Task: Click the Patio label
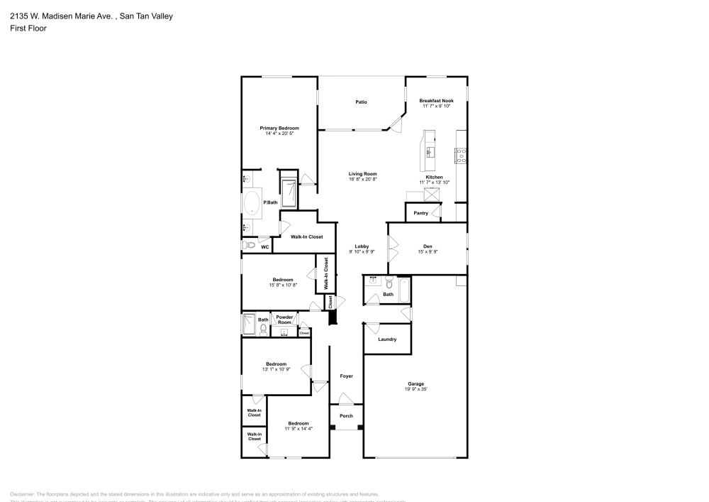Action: click(361, 102)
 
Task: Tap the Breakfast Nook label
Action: click(436, 101)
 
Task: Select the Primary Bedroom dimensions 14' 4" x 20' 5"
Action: click(279, 133)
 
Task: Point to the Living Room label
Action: click(362, 174)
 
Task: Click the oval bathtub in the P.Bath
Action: click(252, 202)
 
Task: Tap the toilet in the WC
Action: click(249, 246)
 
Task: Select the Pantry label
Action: click(420, 212)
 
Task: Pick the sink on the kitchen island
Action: click(430, 151)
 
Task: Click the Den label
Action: click(428, 246)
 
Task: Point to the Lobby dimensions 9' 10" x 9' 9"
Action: click(362, 252)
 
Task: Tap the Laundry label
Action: click(387, 339)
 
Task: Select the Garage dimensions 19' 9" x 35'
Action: click(415, 389)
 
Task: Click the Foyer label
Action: click(346, 376)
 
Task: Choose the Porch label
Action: click(346, 416)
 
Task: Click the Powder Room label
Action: click(284, 320)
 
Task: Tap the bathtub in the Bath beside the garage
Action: click(404, 290)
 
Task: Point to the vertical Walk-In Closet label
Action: click(325, 273)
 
